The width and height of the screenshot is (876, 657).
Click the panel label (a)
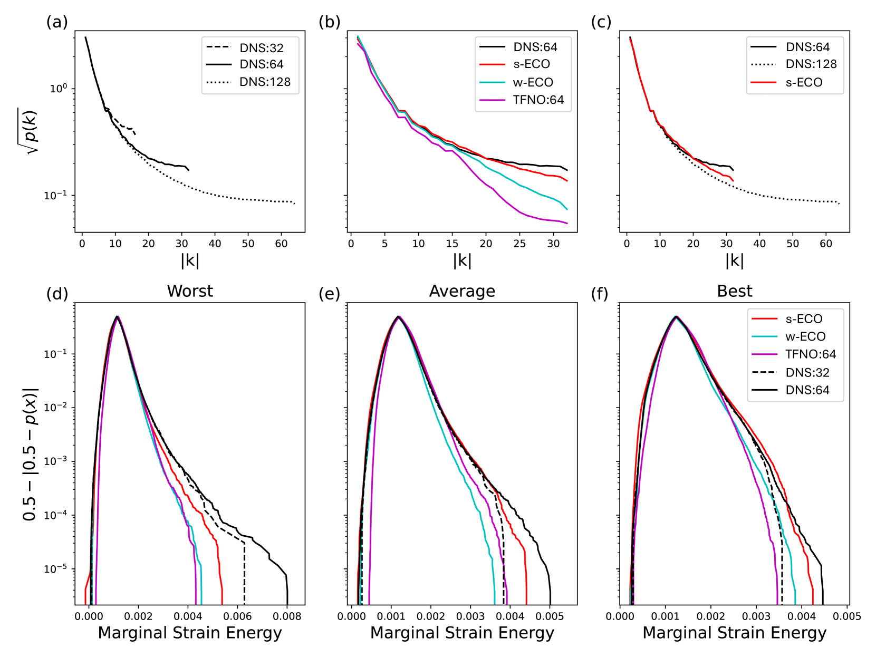click(57, 22)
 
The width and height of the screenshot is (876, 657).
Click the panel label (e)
click(329, 294)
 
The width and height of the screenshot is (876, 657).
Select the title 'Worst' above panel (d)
click(190, 291)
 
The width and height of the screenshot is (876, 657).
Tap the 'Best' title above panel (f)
click(734, 291)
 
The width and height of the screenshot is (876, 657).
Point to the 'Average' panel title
click(462, 291)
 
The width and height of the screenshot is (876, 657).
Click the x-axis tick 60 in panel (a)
click(281, 244)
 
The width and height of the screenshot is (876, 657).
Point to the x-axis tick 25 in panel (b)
click(519, 244)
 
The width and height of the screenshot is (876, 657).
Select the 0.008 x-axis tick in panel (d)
click(287, 616)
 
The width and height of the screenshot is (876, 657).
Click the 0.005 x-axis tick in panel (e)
click(550, 616)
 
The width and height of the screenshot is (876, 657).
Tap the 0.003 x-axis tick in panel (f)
click(756, 616)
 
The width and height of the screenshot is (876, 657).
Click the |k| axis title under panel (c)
click(734, 260)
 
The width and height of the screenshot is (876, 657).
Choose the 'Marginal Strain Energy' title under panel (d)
click(190, 633)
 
